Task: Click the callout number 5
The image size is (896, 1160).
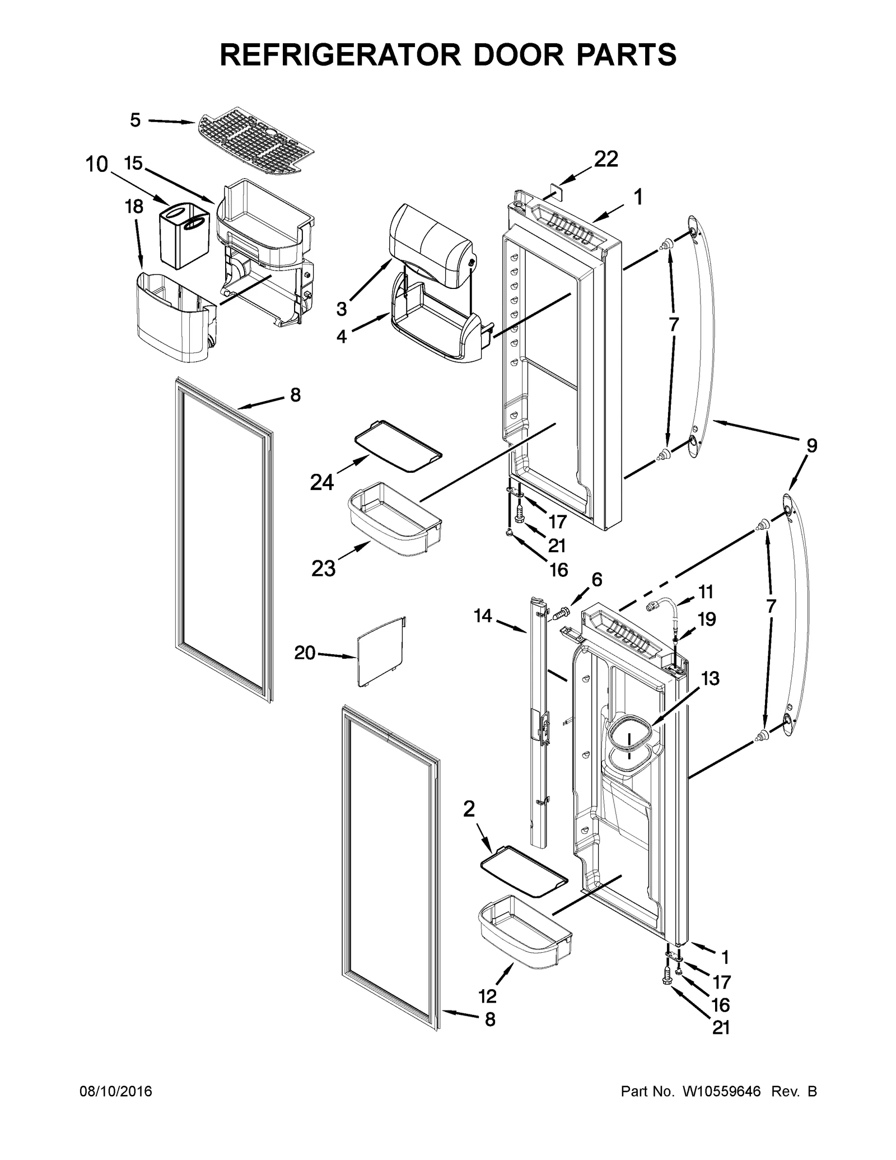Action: pyautogui.click(x=135, y=120)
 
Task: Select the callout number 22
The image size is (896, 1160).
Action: pyautogui.click(x=606, y=159)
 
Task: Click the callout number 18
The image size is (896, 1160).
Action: pyautogui.click(x=133, y=207)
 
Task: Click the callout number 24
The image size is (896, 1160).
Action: pyautogui.click(x=322, y=482)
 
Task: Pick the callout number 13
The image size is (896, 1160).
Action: pyautogui.click(x=710, y=678)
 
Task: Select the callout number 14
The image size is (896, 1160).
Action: pyautogui.click(x=482, y=616)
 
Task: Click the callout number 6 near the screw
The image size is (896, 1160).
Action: pyautogui.click(x=597, y=580)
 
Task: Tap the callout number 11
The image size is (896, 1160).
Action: pyautogui.click(x=706, y=591)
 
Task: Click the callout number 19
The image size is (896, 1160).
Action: pyautogui.click(x=707, y=619)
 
